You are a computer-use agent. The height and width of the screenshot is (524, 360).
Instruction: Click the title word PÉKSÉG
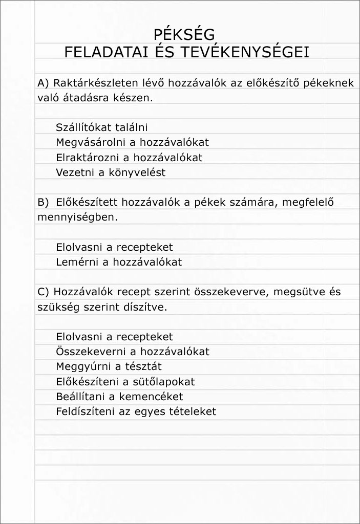(184, 35)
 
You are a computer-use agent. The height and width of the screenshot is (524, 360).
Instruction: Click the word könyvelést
(136, 172)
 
